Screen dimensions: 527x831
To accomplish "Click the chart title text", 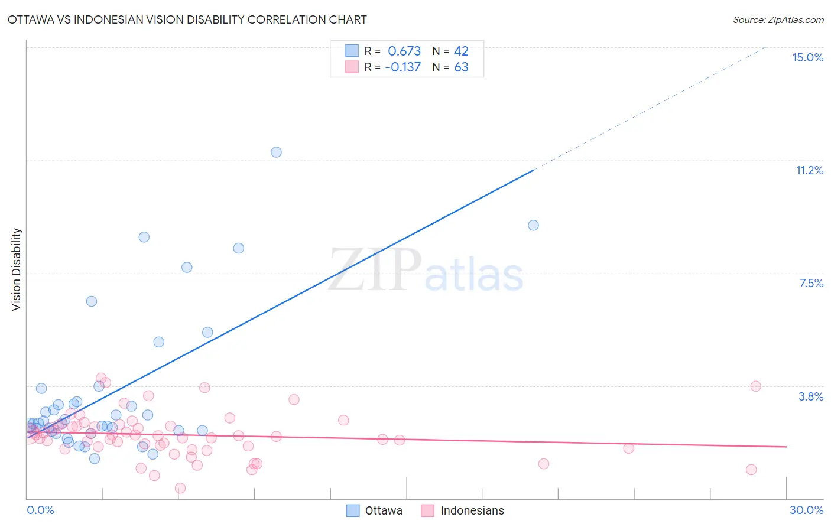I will tap(187, 19).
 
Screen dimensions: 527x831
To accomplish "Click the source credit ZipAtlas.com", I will tap(778, 19).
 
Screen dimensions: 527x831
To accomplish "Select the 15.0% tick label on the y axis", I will tap(807, 57).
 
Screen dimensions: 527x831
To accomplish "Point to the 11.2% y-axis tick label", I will tap(809, 170).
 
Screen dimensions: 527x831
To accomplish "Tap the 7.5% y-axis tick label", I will tap(811, 283).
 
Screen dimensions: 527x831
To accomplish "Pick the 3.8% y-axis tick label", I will tap(811, 396).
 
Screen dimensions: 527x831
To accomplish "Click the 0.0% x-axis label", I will tap(40, 510).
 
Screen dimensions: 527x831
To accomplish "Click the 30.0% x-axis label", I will tap(806, 510).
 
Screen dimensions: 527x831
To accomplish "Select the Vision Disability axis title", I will tap(17, 269).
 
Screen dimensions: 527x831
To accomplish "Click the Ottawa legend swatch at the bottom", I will tap(353, 510).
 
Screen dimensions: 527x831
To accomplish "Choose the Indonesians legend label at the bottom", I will tap(472, 510).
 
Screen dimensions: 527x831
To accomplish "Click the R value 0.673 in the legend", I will tap(404, 51).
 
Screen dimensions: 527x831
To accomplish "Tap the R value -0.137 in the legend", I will tap(402, 67).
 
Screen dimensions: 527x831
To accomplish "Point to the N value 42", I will tap(461, 51).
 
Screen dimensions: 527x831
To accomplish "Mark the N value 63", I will tap(461, 67).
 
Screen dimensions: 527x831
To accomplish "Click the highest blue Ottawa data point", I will tap(276, 152).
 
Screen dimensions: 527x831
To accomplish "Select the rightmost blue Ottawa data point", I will tap(533, 225).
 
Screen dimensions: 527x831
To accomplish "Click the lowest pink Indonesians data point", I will tap(180, 488).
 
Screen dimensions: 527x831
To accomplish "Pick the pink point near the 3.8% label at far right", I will tap(755, 386).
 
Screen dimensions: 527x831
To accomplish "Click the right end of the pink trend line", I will tap(786, 447).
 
